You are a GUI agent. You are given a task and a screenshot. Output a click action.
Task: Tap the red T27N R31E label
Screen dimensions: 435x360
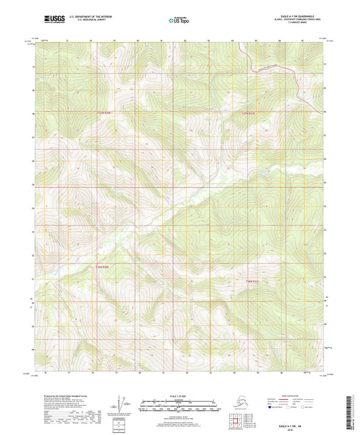coord(251,113)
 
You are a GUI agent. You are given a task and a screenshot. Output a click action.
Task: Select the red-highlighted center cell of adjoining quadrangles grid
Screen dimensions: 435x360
coord(234,420)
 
